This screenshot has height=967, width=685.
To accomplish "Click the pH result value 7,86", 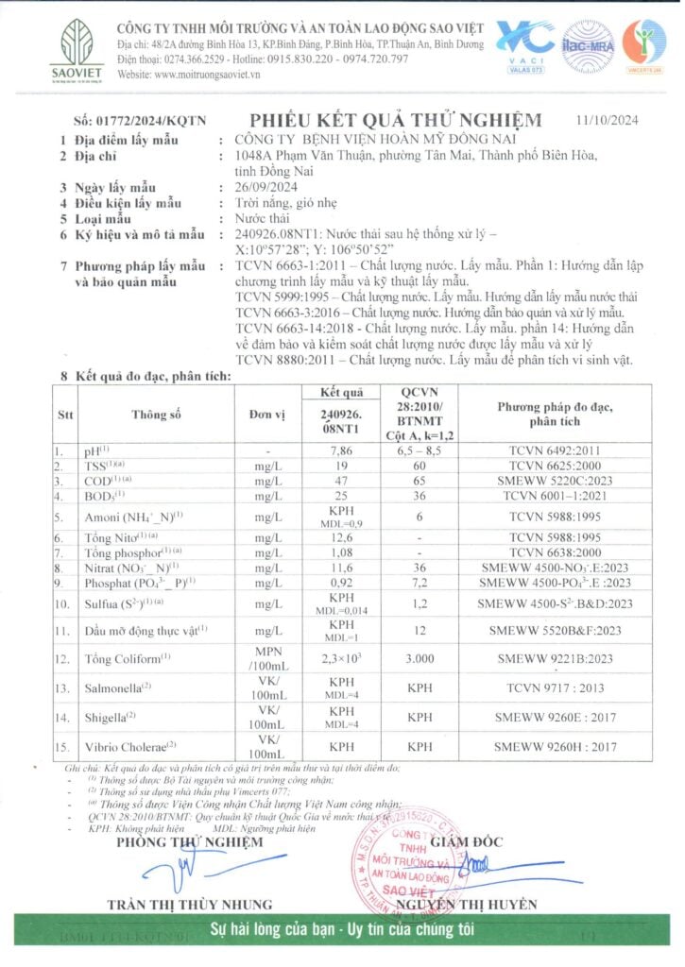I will click(342, 451).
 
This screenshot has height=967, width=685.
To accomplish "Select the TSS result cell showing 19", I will click(342, 466).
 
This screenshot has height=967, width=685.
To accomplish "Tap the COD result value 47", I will click(342, 481).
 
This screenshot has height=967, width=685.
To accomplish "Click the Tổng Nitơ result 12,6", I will click(342, 537).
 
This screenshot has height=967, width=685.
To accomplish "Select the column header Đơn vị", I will click(267, 415).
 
